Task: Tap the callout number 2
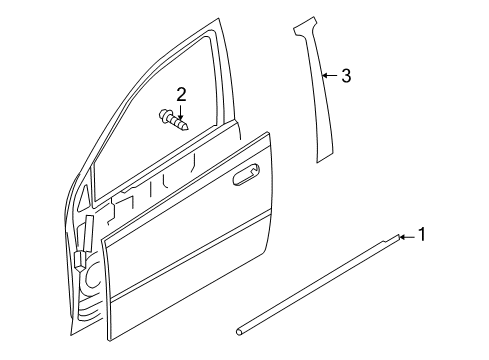pos(181,94)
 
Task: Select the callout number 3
pos(345,75)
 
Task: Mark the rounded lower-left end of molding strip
pos(240,352)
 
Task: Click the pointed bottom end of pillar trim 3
pos(322,158)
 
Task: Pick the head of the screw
pos(162,117)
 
